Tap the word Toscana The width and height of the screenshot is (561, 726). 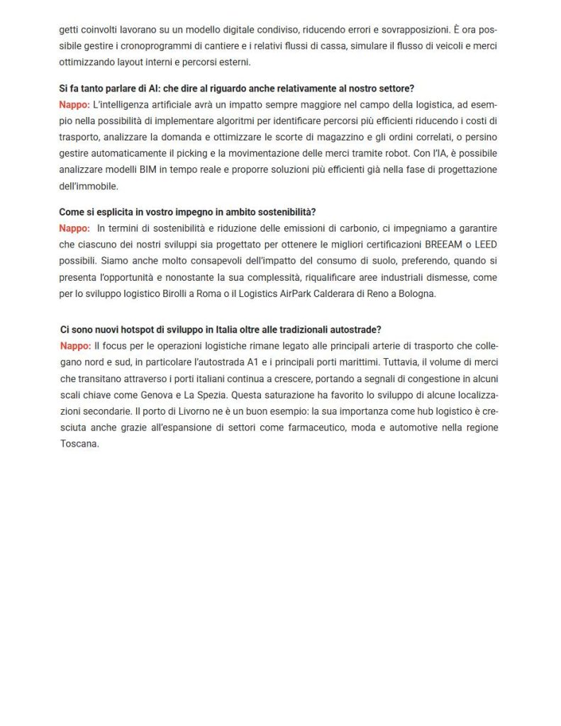pyautogui.click(x=78, y=445)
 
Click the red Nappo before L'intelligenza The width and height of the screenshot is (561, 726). pyautogui.click(x=74, y=103)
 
